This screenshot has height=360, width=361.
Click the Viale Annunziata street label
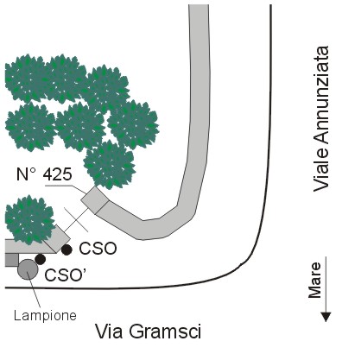point(321,118)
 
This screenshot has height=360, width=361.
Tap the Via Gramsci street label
point(148,332)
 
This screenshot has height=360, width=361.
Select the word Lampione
point(45,316)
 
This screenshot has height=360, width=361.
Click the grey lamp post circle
point(28,269)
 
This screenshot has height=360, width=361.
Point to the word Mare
point(315,280)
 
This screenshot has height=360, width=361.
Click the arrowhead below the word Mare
point(326,317)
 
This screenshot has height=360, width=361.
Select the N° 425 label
point(44,174)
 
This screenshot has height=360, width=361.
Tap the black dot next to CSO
point(66,249)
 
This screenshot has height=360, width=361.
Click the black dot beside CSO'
point(41,259)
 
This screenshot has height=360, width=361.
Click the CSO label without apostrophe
point(98,249)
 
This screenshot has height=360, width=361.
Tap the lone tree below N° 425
point(29,219)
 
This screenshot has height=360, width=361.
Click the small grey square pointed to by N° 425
point(95,200)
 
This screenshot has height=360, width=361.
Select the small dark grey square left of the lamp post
point(11,260)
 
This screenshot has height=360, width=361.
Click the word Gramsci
point(165,332)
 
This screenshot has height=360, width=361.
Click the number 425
point(57,174)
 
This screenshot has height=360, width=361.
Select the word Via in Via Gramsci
point(110,332)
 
